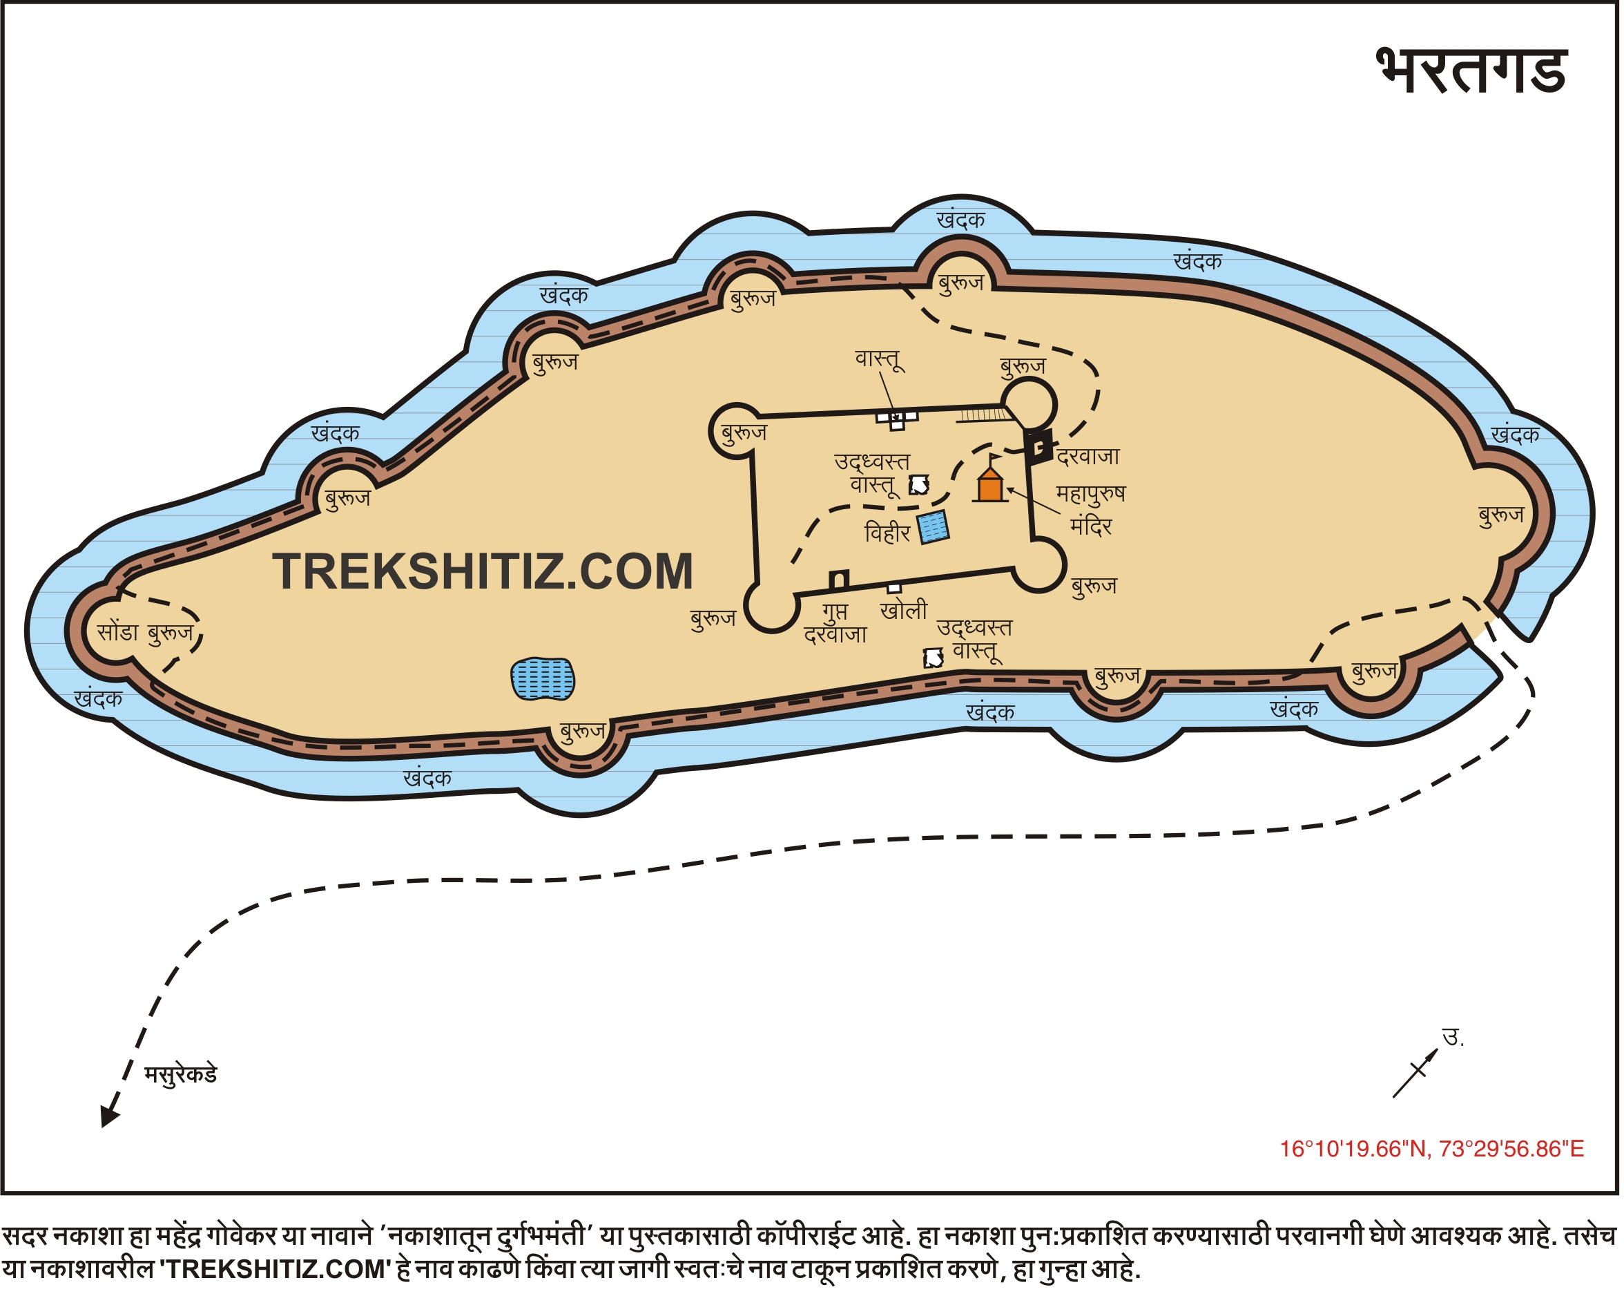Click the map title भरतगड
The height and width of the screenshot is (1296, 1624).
click(1472, 71)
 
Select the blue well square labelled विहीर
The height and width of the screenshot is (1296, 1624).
click(934, 526)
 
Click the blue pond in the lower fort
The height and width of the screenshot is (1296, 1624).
click(542, 679)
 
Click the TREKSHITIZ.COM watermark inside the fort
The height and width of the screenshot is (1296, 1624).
click(482, 571)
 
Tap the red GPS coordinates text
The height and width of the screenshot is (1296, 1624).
click(1431, 1149)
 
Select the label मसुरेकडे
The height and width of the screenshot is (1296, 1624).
click(181, 1074)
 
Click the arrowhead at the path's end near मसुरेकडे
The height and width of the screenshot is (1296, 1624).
click(109, 1116)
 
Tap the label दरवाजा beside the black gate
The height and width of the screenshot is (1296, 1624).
click(1088, 457)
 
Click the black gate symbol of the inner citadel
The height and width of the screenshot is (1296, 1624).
click(1039, 447)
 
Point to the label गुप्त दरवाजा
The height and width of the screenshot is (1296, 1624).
click(835, 622)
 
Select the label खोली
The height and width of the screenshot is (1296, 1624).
click(904, 610)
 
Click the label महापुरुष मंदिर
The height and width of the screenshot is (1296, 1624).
click(1091, 509)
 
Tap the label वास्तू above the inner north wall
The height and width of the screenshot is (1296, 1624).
click(879, 359)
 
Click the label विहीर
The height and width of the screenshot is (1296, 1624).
click(887, 533)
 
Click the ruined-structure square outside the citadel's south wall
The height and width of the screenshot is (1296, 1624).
click(934, 658)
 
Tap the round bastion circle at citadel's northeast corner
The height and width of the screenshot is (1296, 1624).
click(1028, 406)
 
